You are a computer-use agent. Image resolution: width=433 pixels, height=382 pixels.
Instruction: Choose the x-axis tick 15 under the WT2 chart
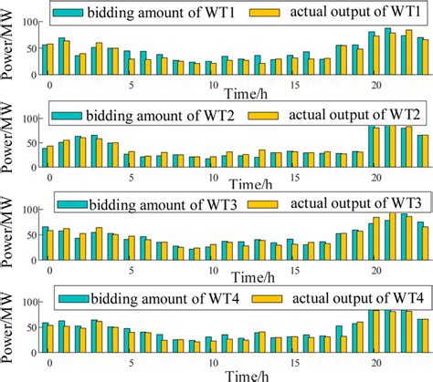click(x=294, y=175)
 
